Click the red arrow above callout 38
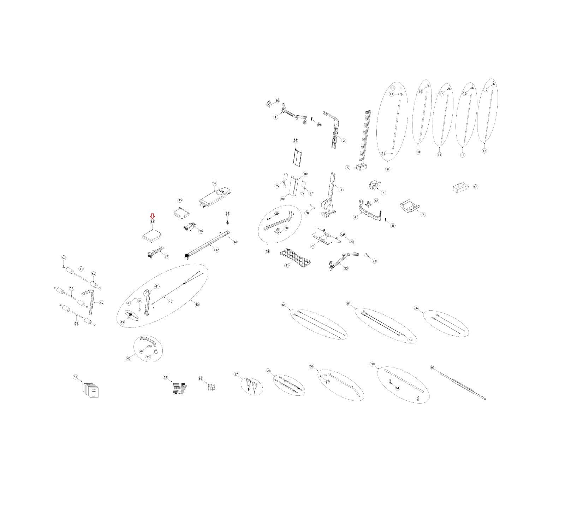pyautogui.click(x=152, y=216)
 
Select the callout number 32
pyautogui.click(x=215, y=183)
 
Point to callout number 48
pyautogui.click(x=475, y=187)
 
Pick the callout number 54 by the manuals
pyautogui.click(x=75, y=377)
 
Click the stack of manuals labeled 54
pyautogui.click(x=91, y=389)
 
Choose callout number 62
pyautogui.click(x=433, y=367)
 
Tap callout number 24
pyautogui.click(x=296, y=141)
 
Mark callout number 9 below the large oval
pyautogui.click(x=388, y=169)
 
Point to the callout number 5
pyautogui.click(x=348, y=168)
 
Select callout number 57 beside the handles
pyautogui.click(x=236, y=374)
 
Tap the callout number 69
pyautogui.click(x=319, y=125)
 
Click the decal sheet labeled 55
pyautogui.click(x=180, y=388)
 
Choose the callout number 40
pyautogui.click(x=197, y=304)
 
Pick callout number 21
pyautogui.click(x=313, y=246)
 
